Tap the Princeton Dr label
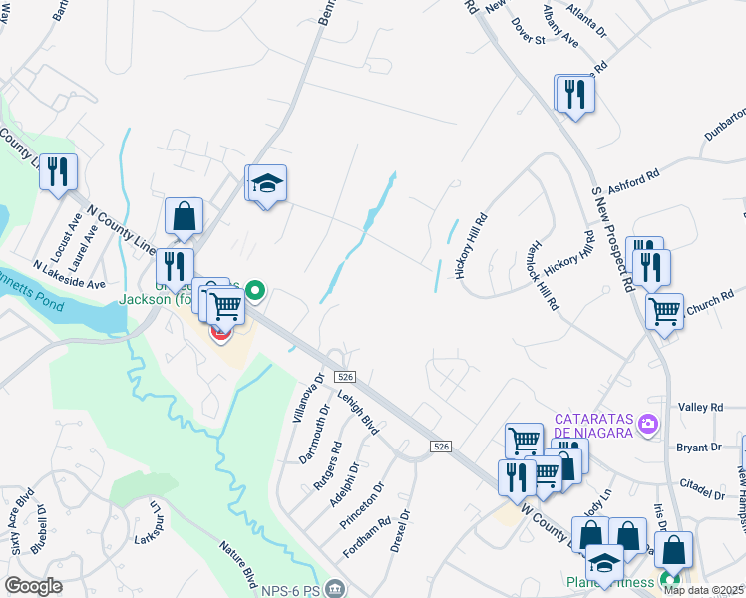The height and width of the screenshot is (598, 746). tap(376, 506)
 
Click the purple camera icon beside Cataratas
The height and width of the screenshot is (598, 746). tap(649, 426)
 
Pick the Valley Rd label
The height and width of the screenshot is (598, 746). tap(700, 407)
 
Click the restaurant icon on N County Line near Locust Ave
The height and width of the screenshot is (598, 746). tap(59, 171)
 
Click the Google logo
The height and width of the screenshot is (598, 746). tap(33, 586)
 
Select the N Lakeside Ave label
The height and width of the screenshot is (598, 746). tap(69, 276)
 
